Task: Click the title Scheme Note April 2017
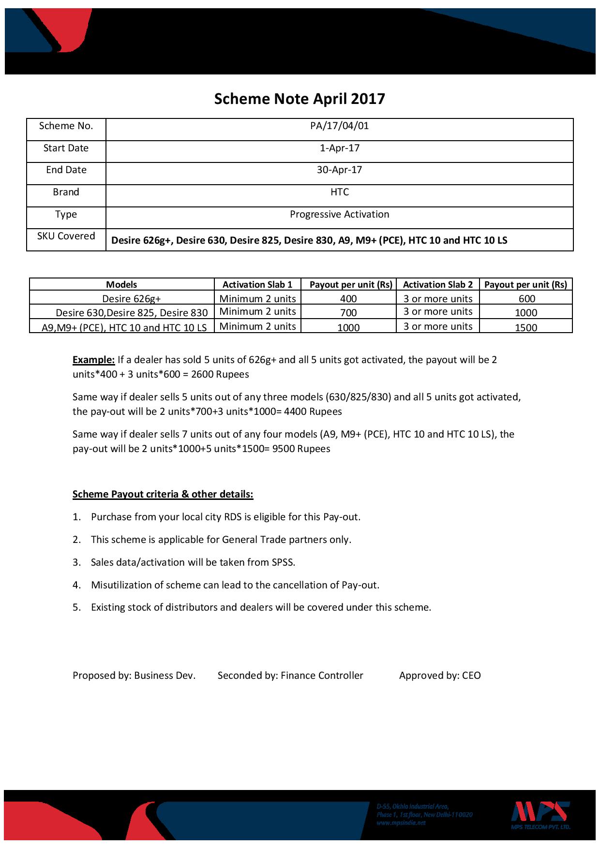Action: click(300, 99)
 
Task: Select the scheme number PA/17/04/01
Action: click(339, 126)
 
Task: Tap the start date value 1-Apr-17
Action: click(339, 148)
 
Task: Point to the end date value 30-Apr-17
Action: click(339, 170)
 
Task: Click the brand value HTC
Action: click(339, 192)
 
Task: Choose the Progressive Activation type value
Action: click(339, 214)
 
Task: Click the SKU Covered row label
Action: click(66, 236)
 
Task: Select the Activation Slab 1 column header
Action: click(257, 285)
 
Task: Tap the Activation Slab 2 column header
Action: click(438, 285)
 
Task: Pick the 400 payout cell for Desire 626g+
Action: click(348, 299)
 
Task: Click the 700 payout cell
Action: click(348, 313)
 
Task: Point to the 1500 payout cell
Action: click(526, 328)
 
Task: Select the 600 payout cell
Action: click(526, 299)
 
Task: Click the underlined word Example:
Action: click(93, 360)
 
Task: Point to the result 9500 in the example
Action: click(283, 449)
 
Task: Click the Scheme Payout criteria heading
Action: click(163, 494)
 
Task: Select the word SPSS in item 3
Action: click(283, 562)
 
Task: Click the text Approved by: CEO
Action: click(440, 676)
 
